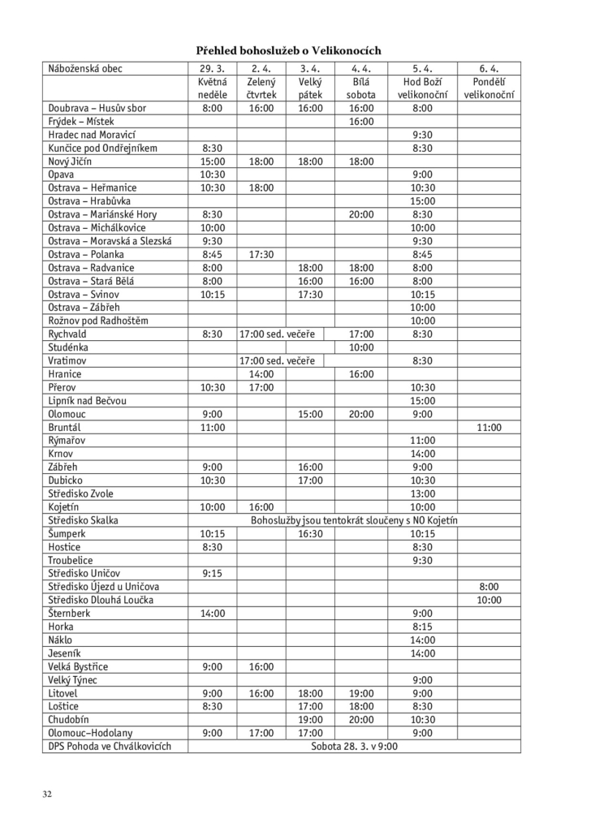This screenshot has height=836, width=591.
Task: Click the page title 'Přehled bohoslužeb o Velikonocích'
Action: point(289,50)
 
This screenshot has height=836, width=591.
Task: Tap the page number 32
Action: point(49,793)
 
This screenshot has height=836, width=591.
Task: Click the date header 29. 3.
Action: point(211,69)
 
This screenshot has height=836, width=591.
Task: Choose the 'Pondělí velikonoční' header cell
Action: point(489,88)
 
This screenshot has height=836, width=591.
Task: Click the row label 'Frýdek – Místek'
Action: point(81,122)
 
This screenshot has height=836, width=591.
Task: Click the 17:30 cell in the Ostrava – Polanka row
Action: point(261,255)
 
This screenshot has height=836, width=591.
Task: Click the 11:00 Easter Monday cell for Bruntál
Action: point(489,427)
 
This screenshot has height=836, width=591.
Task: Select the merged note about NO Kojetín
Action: point(355,519)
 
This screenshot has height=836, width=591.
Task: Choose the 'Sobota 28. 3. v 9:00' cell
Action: point(355,746)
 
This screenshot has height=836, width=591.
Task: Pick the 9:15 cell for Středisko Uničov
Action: point(211,573)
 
